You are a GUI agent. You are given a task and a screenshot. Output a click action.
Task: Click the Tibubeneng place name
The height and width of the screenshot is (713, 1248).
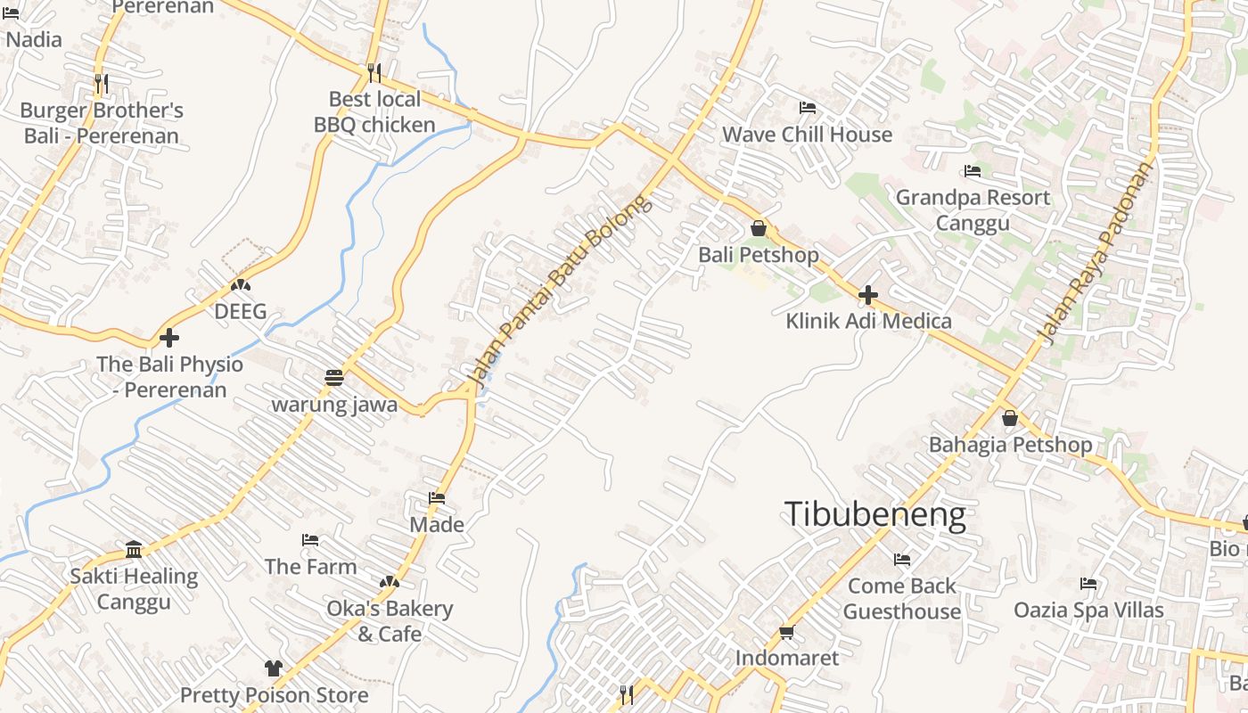874,515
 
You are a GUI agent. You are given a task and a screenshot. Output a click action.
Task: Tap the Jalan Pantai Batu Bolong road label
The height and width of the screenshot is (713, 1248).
559,293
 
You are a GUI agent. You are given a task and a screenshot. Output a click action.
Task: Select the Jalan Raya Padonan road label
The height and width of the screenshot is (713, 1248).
1096,252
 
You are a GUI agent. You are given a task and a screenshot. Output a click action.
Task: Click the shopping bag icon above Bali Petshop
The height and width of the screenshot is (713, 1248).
758,228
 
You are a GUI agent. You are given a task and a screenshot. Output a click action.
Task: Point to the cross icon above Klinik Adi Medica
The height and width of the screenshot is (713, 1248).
867,294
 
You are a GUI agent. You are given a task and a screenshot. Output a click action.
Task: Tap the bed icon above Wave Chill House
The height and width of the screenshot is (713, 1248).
807,108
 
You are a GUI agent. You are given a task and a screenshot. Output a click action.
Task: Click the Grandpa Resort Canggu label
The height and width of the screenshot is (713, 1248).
973,209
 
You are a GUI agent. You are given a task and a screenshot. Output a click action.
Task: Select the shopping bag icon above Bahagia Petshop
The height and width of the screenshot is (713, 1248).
1010,417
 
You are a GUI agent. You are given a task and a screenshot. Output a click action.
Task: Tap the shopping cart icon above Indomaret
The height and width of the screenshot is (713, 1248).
786,632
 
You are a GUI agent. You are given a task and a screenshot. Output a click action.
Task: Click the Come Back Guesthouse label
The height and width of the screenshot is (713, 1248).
901,598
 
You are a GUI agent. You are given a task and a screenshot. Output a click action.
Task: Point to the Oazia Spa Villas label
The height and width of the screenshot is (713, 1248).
1088,610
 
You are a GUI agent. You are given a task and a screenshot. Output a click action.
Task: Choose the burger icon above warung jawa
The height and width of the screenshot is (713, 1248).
334,378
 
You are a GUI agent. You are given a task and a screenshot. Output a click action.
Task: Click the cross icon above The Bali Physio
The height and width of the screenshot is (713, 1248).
168,338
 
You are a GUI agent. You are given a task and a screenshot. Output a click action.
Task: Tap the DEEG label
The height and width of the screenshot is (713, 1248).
240,311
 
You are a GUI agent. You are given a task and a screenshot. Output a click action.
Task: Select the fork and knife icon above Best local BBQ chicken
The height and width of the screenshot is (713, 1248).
374,72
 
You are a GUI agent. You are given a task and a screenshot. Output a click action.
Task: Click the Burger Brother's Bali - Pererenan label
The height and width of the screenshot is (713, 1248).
102,123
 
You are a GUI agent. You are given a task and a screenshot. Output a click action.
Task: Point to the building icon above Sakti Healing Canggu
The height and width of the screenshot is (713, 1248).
134,548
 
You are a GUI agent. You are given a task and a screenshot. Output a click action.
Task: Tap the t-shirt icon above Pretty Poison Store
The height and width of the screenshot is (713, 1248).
274,668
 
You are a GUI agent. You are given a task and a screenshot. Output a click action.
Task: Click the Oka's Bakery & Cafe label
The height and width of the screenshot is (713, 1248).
390,620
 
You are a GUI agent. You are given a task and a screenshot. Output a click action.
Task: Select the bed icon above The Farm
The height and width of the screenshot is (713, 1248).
310,539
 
